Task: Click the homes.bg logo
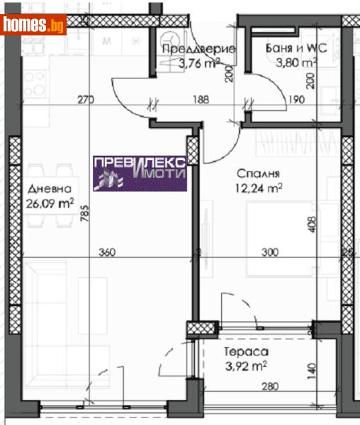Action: [34, 25]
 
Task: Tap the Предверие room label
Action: [189, 49]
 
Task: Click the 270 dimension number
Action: [85, 100]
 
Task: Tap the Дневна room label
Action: [49, 189]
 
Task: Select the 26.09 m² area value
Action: [51, 204]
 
